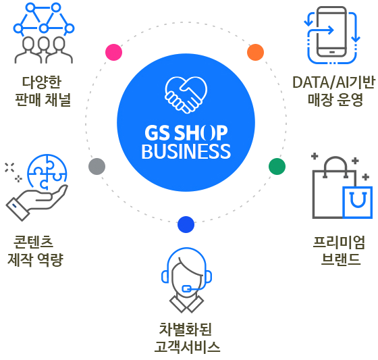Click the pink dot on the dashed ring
[x=114, y=52]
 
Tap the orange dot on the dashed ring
[x=256, y=52]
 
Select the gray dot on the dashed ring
[x=97, y=166]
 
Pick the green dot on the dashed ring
[x=277, y=166]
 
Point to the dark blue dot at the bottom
[x=186, y=225]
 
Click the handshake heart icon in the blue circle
[x=186, y=95]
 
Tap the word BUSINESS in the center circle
[x=186, y=151]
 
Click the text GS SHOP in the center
[x=186, y=132]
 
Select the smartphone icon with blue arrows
[x=332, y=35]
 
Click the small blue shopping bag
[x=358, y=202]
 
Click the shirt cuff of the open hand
[x=18, y=209]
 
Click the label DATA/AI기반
[x=333, y=82]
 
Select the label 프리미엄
[x=339, y=242]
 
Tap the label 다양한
[x=42, y=82]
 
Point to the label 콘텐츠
[x=33, y=242]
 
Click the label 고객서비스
[x=187, y=346]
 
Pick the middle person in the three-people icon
[x=43, y=48]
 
